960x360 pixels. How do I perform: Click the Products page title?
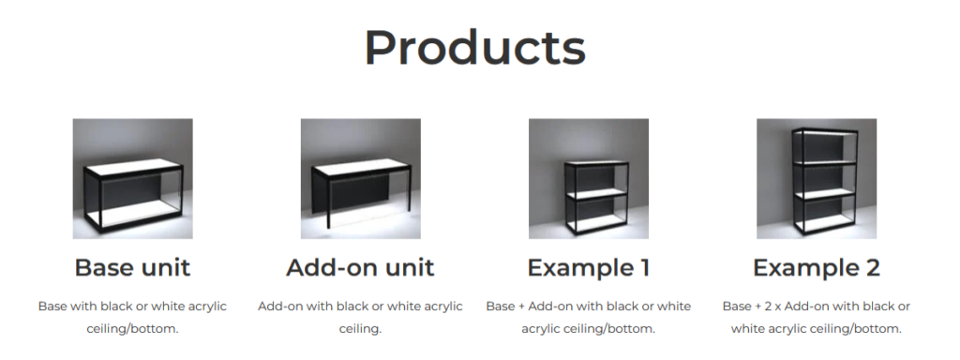(475, 49)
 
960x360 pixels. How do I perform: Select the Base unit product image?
(133, 179)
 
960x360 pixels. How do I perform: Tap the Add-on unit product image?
(361, 179)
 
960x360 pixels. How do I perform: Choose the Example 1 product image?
(589, 179)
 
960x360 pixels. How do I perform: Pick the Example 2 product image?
(817, 179)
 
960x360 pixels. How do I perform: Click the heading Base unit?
(132, 267)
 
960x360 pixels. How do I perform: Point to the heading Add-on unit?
(360, 267)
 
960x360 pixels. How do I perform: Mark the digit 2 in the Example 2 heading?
(873, 267)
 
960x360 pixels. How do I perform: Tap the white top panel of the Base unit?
(134, 167)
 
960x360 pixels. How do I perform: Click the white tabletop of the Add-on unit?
(361, 166)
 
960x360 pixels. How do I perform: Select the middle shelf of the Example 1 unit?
(595, 194)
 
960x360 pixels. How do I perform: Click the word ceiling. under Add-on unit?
(360, 329)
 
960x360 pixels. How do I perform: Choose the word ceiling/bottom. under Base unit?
(132, 329)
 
